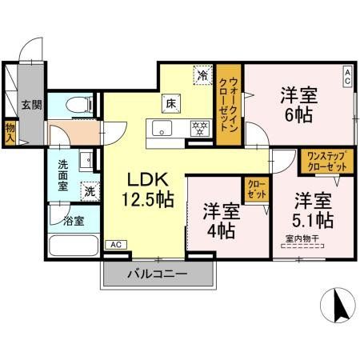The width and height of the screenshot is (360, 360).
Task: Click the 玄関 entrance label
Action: tap(31, 104)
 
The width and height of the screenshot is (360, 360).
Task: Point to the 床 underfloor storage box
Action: tap(171, 102)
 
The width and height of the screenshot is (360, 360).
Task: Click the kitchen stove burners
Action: tap(198, 127)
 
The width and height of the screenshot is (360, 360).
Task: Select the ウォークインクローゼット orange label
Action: tap(232, 106)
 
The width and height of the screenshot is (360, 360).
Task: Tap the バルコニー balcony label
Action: tap(158, 274)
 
